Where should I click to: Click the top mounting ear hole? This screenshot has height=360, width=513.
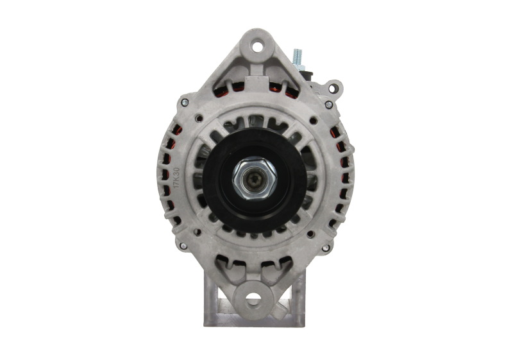[257, 46]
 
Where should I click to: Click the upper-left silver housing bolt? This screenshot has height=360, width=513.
[185, 101]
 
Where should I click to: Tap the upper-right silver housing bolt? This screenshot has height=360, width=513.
[328, 104]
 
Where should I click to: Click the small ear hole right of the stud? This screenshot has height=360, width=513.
[333, 86]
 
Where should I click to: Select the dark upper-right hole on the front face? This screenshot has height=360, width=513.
[312, 120]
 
